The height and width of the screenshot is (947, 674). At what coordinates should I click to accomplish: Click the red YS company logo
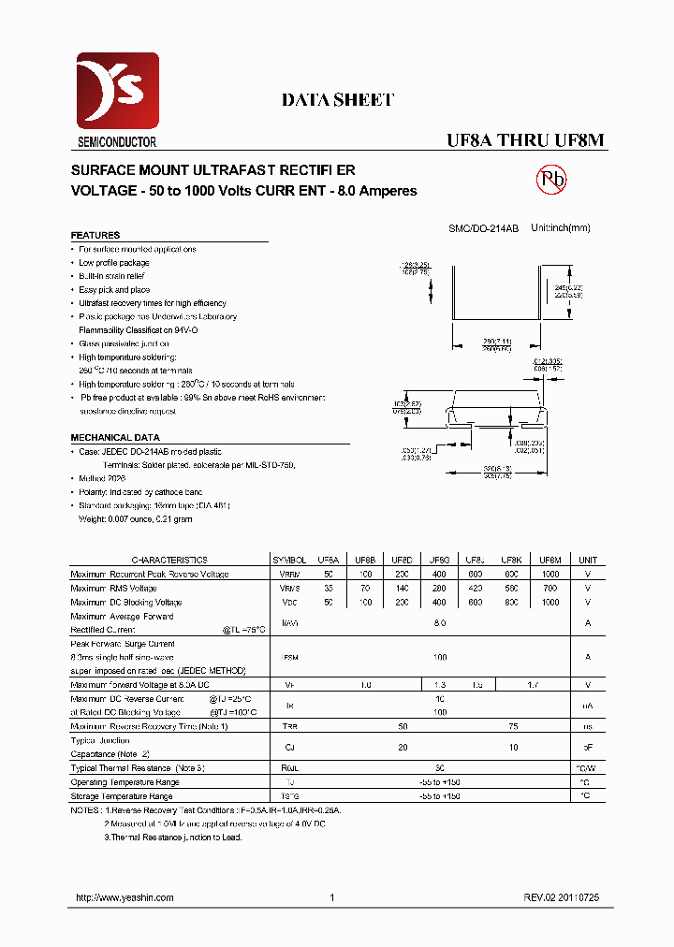pyautogui.click(x=118, y=92)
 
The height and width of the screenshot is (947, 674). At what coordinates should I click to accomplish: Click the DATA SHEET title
pyautogui.click(x=338, y=100)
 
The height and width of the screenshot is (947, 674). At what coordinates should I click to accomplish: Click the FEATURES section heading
pyautogui.click(x=95, y=236)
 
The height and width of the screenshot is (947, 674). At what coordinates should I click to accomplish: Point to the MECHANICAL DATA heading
pyautogui.click(x=115, y=438)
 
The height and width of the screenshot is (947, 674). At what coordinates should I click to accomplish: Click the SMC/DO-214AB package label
pyautogui.click(x=483, y=228)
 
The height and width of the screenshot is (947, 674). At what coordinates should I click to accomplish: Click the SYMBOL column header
pyautogui.click(x=288, y=560)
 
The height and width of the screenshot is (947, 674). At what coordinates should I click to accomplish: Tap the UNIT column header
pyautogui.click(x=588, y=560)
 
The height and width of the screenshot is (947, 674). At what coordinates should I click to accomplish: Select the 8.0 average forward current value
pyautogui.click(x=439, y=622)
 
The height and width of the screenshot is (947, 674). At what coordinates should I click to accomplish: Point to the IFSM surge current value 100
pyautogui.click(x=439, y=657)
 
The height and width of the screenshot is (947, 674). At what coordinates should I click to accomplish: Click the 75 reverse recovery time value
pyautogui.click(x=513, y=726)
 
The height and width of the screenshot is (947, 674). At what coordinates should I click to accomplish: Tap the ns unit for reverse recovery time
pyautogui.click(x=588, y=726)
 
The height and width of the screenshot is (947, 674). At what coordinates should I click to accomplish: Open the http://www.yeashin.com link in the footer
pyautogui.click(x=125, y=897)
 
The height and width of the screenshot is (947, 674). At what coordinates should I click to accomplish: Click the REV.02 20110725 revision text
pyautogui.click(x=562, y=897)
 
